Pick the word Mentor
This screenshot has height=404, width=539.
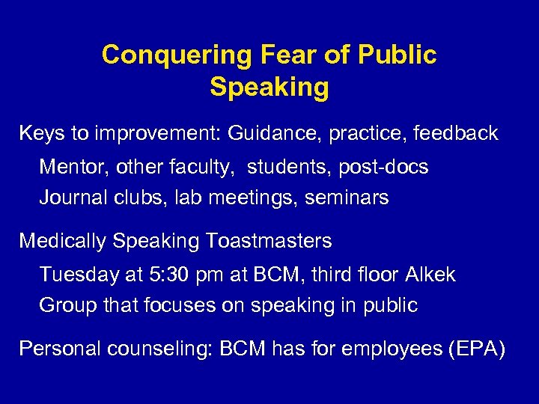pos(73,167)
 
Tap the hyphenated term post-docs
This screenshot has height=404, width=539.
pos(383,167)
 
